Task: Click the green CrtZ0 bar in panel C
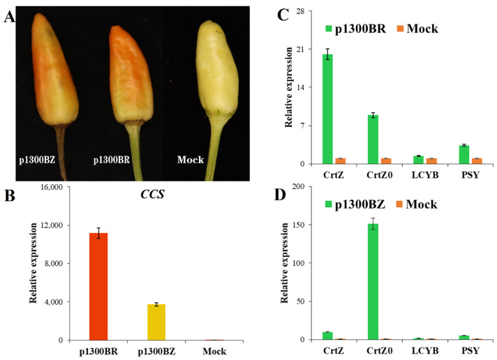373,140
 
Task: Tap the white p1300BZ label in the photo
36,160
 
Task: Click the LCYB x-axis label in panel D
418,350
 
